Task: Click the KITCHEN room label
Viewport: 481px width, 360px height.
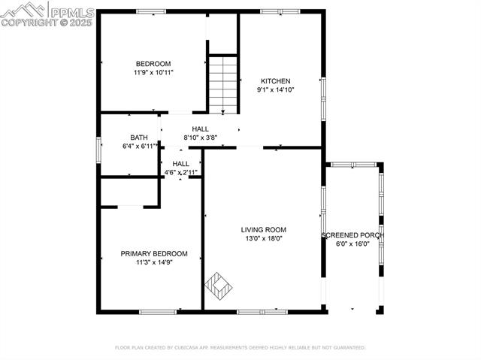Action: click(x=276, y=81)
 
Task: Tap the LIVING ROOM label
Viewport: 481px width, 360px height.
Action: click(x=264, y=230)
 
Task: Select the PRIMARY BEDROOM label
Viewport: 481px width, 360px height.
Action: click(x=154, y=253)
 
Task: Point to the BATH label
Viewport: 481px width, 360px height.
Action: click(x=139, y=138)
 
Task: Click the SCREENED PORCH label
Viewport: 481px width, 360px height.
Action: click(x=352, y=235)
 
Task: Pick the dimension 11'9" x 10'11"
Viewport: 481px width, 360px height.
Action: click(x=153, y=73)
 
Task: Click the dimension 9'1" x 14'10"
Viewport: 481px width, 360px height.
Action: click(x=276, y=90)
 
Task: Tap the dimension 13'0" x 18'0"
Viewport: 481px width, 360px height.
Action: click(x=264, y=238)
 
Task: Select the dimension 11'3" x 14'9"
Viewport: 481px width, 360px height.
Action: click(x=154, y=262)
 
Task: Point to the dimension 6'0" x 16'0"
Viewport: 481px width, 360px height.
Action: click(x=352, y=244)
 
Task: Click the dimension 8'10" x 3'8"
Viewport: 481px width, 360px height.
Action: click(x=201, y=138)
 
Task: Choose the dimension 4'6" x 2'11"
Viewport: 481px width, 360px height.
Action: click(x=180, y=172)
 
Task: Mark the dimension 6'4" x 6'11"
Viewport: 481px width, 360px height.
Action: click(x=140, y=146)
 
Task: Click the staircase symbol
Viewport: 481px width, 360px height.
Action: click(x=223, y=85)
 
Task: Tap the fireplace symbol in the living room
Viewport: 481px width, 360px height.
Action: click(x=218, y=286)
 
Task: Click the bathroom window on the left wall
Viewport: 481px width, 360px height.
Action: click(x=98, y=150)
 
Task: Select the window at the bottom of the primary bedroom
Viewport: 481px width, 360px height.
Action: click(x=158, y=312)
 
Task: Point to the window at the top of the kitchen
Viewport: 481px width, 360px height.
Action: click(x=280, y=12)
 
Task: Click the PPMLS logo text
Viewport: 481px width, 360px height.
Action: click(x=72, y=13)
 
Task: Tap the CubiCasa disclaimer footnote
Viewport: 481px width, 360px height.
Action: click(x=240, y=348)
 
